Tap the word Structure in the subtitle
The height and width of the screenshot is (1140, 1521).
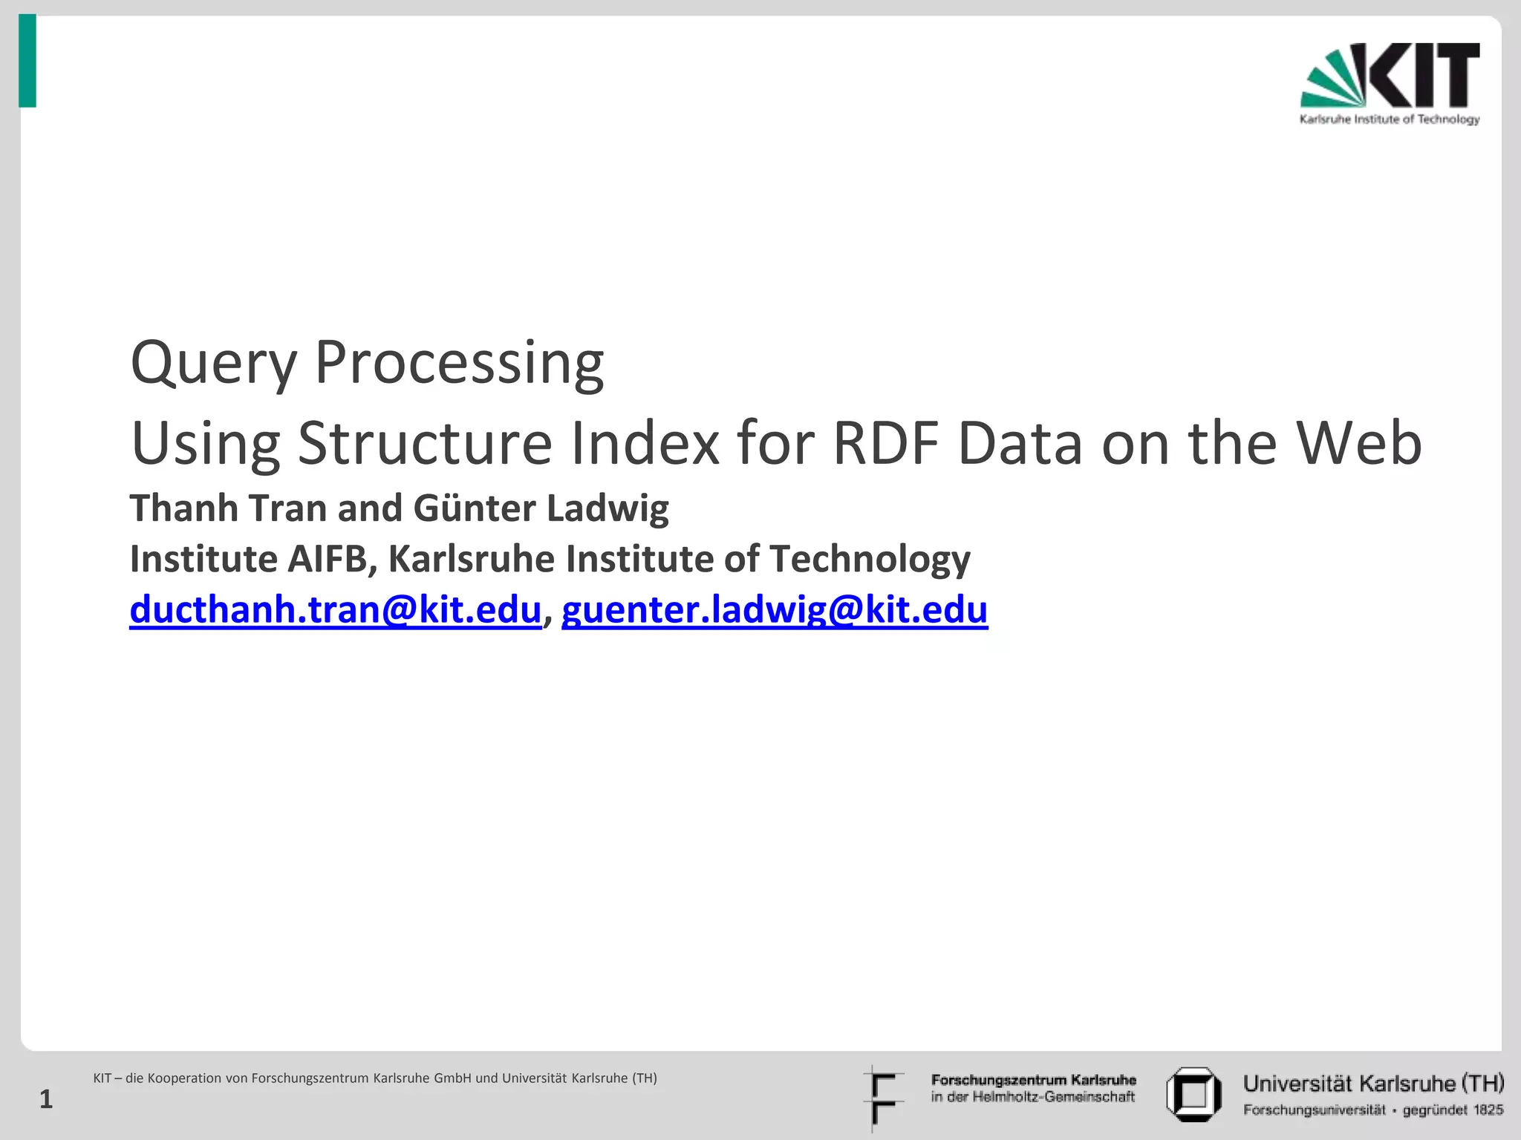pos(425,444)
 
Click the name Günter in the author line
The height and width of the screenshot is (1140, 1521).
pos(474,509)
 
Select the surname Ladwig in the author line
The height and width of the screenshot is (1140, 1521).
pos(608,509)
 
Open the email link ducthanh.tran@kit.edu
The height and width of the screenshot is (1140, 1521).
pos(335,610)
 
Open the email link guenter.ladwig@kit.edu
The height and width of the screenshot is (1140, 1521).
pos(774,610)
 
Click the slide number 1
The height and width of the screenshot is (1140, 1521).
pos(46,1099)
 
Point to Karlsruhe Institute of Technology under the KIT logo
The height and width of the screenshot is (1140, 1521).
pos(1389,119)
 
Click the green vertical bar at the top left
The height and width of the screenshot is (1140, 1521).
pos(27,61)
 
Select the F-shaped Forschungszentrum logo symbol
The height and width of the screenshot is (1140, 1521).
pos(882,1098)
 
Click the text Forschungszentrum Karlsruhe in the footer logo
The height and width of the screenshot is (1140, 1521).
pos(1033,1080)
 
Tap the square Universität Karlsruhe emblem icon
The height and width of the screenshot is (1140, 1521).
pos(1193,1094)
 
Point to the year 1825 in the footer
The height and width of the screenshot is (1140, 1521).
pos(1488,1110)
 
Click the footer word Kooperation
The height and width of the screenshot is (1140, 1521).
pos(198,1078)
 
